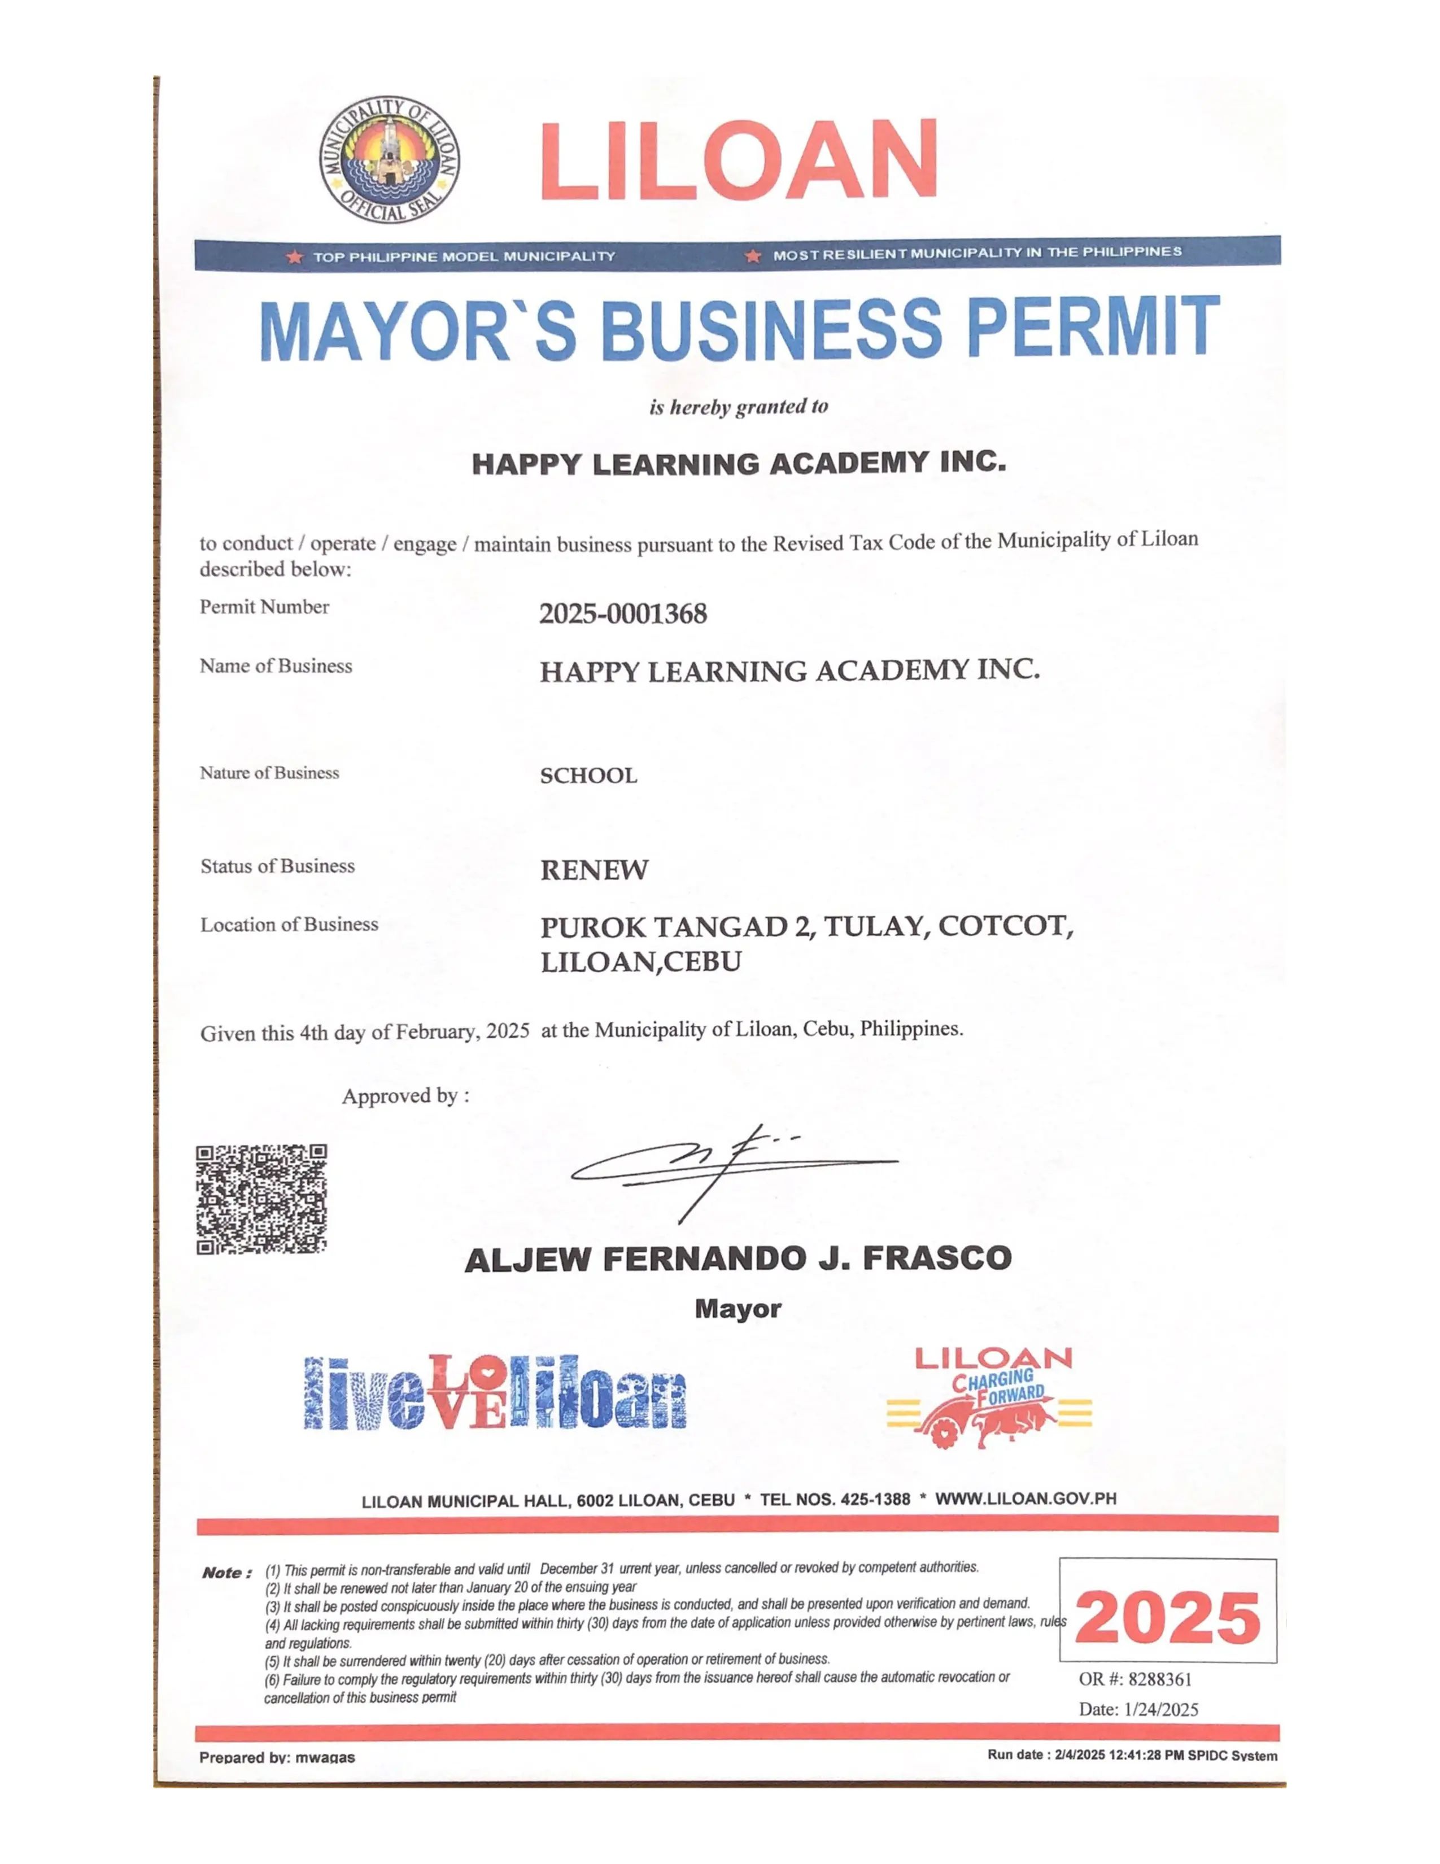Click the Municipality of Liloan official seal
(390, 160)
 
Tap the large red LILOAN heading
(739, 160)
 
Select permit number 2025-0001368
(623, 613)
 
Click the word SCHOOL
(588, 776)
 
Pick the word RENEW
(595, 870)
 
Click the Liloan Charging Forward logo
(989, 1397)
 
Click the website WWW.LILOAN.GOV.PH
(1026, 1499)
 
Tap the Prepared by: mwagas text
(277, 1757)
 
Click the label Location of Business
(289, 924)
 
